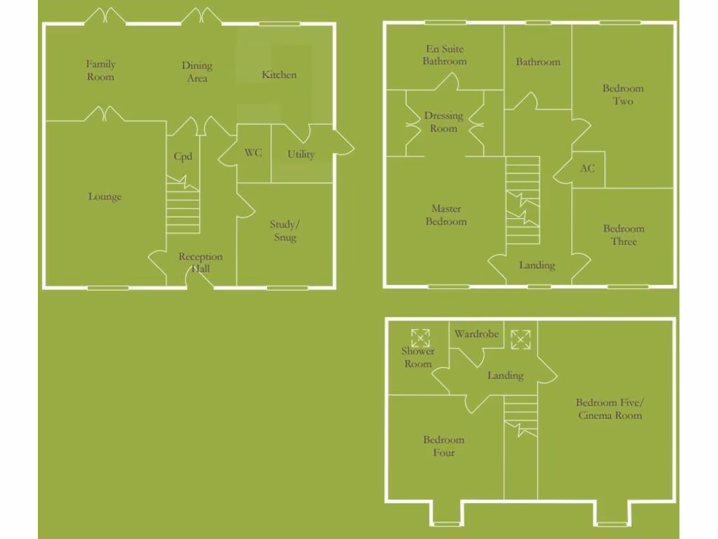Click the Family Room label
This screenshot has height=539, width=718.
click(x=100, y=71)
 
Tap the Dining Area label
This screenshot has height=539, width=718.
click(x=197, y=72)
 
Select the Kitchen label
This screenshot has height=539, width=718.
click(x=279, y=74)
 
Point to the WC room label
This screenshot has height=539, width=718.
click(x=253, y=152)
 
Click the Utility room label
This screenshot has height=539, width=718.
click(x=301, y=154)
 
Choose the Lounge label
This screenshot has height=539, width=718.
click(x=104, y=197)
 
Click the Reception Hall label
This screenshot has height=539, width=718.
click(x=200, y=262)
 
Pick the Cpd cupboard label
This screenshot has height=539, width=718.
click(x=183, y=157)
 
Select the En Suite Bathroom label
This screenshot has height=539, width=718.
click(x=445, y=55)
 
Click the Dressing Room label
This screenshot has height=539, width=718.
click(x=443, y=122)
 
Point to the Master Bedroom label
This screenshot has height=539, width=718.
click(x=446, y=215)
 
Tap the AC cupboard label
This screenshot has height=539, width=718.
click(x=588, y=168)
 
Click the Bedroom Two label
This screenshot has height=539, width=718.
click(x=623, y=95)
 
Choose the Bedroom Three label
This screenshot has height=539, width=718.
click(x=623, y=235)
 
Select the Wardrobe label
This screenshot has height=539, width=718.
click(x=476, y=334)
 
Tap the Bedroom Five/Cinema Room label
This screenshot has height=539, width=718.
click(x=609, y=408)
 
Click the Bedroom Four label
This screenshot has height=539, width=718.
click(x=444, y=446)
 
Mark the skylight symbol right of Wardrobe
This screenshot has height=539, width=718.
click(x=520, y=339)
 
